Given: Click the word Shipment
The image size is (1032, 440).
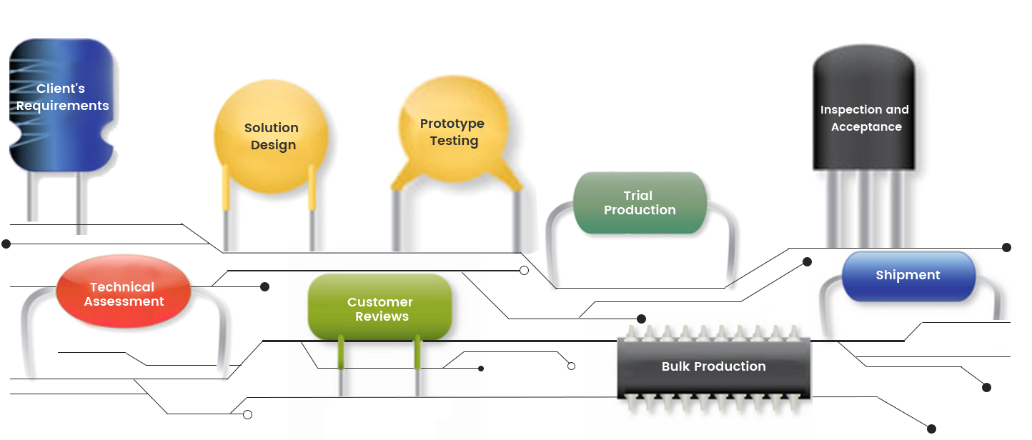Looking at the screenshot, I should (908, 275).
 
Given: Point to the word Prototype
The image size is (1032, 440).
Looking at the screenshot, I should (452, 124).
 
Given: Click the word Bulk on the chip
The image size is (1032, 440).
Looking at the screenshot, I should (676, 366).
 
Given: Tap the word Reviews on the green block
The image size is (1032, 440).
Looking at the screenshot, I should (382, 316).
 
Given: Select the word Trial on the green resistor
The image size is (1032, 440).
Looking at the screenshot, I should (637, 195).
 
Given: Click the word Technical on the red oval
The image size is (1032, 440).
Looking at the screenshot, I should (121, 287).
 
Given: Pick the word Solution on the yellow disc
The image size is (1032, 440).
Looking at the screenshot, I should (271, 128).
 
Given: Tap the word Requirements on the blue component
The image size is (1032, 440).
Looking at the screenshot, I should (63, 106).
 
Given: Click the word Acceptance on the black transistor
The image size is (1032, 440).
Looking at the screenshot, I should (866, 127).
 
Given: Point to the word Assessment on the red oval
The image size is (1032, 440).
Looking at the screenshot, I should (124, 301).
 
